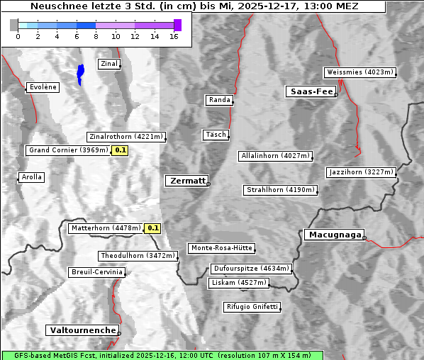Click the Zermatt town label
[187, 181]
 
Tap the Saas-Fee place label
[311, 91]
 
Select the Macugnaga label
[334, 235]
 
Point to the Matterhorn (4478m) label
[106, 228]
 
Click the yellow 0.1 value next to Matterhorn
[152, 228]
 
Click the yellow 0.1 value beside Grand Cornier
[121, 150]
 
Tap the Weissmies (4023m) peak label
[359, 72]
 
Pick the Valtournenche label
[82, 330]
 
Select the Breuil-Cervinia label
[96, 272]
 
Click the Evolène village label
[43, 87]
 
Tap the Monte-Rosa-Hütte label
[221, 248]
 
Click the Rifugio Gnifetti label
[252, 307]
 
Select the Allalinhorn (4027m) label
[275, 156]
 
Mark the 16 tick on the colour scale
[174, 36]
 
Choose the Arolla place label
[31, 177]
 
